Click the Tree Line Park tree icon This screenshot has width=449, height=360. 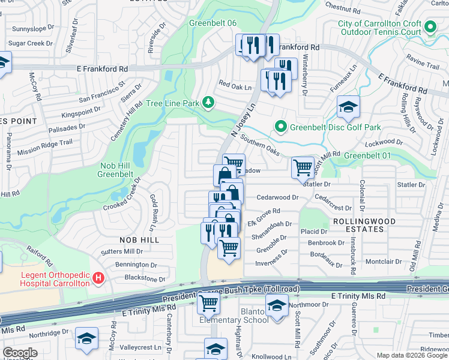208,103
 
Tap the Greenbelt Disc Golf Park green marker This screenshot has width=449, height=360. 280,127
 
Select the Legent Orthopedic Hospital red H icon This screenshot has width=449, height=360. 100,278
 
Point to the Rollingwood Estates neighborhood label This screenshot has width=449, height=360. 358,225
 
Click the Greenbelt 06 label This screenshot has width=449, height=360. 212,23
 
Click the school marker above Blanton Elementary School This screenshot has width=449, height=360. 277,306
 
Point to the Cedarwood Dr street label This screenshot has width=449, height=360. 277,197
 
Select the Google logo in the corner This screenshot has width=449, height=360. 20,353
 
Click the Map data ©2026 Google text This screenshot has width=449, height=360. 412,355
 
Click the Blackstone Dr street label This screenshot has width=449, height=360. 145,278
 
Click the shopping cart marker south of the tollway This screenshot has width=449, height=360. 208,304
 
